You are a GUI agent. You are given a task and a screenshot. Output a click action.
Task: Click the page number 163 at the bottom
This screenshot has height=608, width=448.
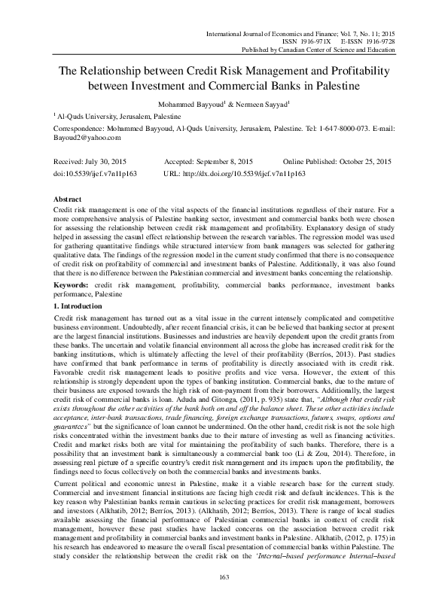pyautogui.click(x=224, y=577)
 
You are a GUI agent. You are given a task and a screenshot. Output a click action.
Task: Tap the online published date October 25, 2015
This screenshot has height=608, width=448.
pyautogui.click(x=366, y=162)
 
